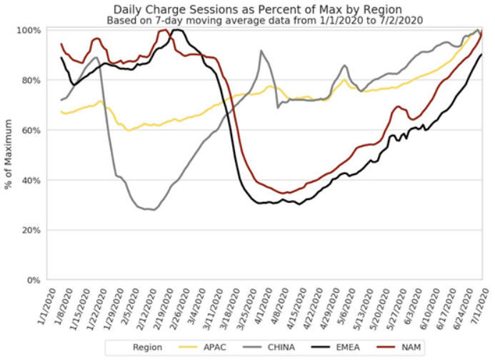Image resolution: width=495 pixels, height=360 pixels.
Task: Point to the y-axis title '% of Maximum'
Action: click(x=9, y=154)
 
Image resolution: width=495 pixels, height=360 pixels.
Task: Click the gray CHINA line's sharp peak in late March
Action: click(x=261, y=51)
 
